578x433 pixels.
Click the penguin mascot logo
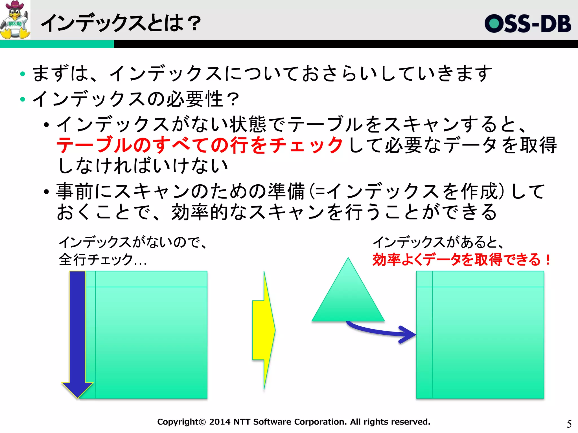pos(15,20)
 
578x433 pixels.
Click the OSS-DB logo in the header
pos(528,24)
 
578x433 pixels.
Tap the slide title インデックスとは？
pos(121,23)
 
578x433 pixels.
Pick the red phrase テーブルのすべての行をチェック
pos(200,145)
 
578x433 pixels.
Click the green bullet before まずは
pos(23,74)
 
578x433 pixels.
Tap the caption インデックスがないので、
pos(133,242)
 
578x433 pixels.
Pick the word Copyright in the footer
pos(178,422)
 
